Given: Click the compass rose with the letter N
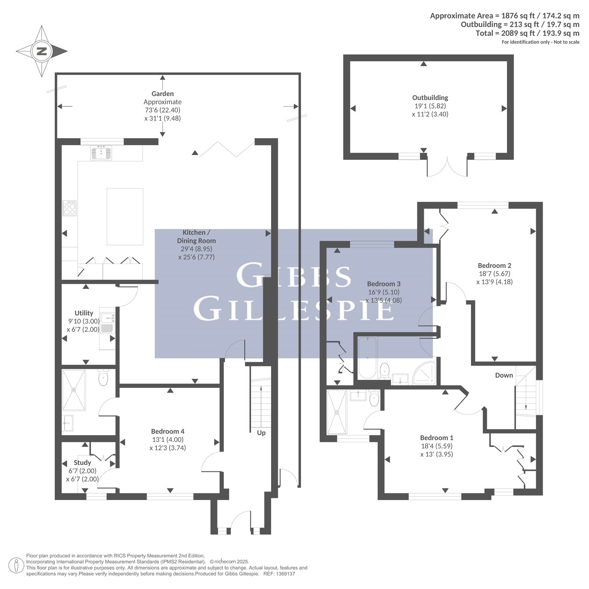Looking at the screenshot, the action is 42,51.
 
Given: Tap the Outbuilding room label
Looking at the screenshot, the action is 430,98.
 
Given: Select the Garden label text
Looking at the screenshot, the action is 163,94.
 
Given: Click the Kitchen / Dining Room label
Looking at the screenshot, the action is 196,237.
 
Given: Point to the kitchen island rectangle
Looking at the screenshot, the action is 125,216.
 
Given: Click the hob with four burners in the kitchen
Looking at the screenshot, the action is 70,208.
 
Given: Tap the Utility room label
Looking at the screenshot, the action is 84,313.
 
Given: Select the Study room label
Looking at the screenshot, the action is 83,463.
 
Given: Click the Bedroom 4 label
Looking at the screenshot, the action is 168,431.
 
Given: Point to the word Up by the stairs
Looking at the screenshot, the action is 261,433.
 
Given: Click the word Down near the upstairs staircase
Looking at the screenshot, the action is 504,375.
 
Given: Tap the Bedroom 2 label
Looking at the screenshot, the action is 495,265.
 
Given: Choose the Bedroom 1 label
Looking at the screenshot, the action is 437,438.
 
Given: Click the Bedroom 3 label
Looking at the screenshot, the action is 384,284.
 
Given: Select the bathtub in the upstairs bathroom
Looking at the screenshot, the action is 367,358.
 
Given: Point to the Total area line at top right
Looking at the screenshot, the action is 527,33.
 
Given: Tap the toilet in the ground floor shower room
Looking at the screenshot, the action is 103,377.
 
